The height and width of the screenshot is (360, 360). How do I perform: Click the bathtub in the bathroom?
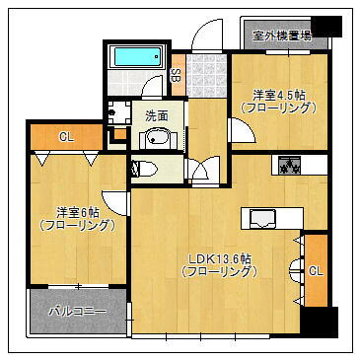pos(137,57)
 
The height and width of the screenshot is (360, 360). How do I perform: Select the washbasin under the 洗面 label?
pos(156,138)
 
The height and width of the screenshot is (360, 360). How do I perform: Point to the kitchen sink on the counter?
pos(260,219)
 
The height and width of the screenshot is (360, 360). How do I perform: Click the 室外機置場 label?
pos(282,36)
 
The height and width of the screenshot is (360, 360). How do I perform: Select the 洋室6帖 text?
pos(77,210)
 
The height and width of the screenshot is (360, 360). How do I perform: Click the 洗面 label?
pos(157,116)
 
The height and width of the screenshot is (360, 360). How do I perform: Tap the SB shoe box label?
pos(176,73)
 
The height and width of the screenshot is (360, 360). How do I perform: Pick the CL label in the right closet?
pos(316,270)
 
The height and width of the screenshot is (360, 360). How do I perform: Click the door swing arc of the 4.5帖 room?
pos(240,129)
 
